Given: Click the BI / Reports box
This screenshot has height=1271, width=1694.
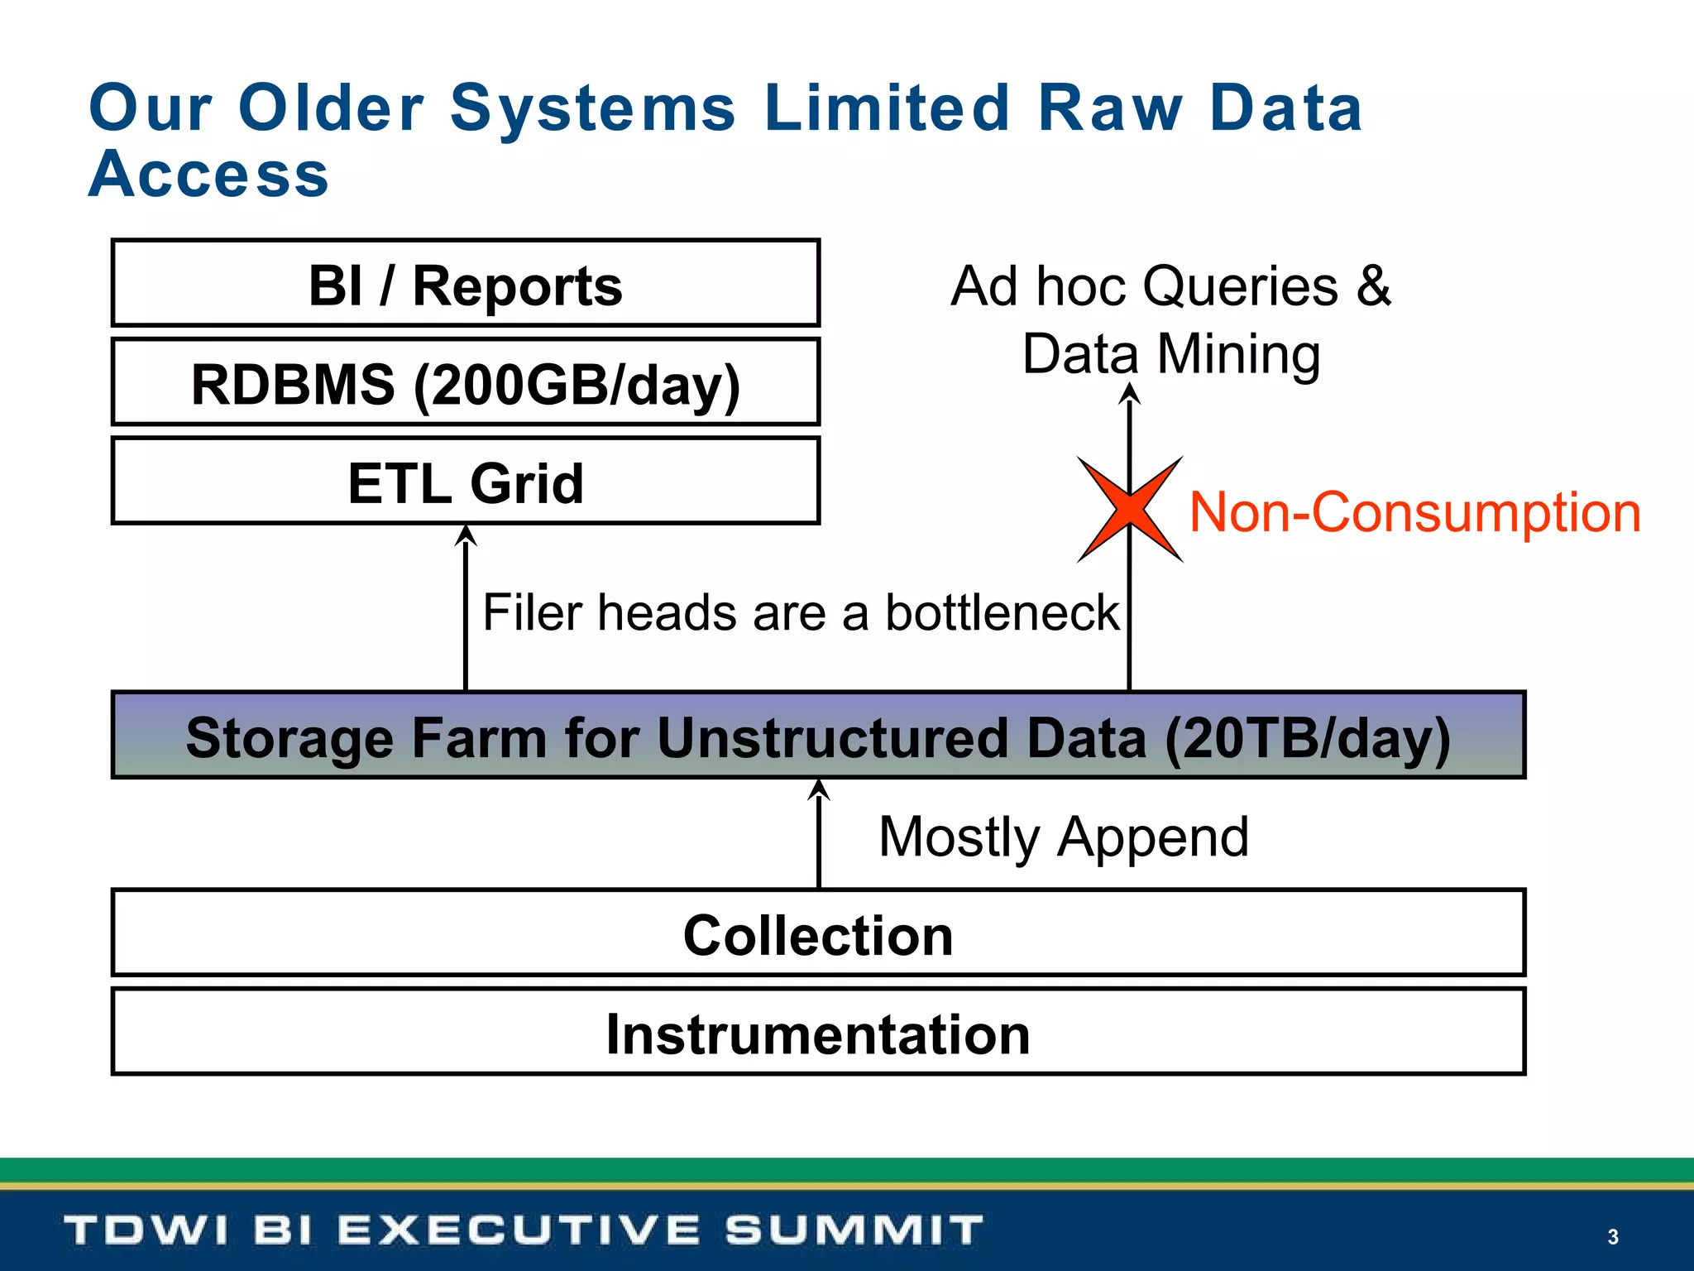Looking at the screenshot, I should [x=465, y=284].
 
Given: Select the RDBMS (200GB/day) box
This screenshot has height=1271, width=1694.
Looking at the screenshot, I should [x=465, y=384].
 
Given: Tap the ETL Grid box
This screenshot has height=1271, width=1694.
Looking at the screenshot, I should [x=465, y=482].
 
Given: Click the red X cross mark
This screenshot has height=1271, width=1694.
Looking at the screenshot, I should [x=1130, y=510].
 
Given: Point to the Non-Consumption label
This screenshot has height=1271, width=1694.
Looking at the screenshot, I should [x=1414, y=512].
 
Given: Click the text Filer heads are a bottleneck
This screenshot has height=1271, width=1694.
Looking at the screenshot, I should [x=800, y=613].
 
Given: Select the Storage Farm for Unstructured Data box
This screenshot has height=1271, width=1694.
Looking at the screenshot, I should [x=817, y=736].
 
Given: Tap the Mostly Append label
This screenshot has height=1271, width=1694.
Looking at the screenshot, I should [x=1063, y=837].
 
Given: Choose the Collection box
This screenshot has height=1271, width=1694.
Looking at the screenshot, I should [x=817, y=935].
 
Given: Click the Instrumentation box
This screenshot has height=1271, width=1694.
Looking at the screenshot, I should [x=817, y=1034].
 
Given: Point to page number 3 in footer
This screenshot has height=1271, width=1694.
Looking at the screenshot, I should [x=1612, y=1236].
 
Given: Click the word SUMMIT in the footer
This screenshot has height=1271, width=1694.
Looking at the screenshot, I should [x=854, y=1230].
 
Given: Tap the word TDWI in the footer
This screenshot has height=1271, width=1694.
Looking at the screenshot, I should [x=146, y=1230].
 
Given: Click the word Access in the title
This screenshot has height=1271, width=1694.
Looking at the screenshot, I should [x=208, y=175].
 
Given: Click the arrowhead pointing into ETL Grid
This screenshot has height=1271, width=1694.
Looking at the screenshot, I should [x=467, y=535].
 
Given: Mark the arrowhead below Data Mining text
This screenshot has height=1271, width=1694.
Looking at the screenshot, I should [x=1130, y=392].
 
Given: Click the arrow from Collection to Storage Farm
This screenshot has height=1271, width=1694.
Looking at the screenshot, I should [x=819, y=836].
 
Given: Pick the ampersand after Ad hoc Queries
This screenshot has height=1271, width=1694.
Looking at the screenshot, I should [x=1374, y=285].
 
